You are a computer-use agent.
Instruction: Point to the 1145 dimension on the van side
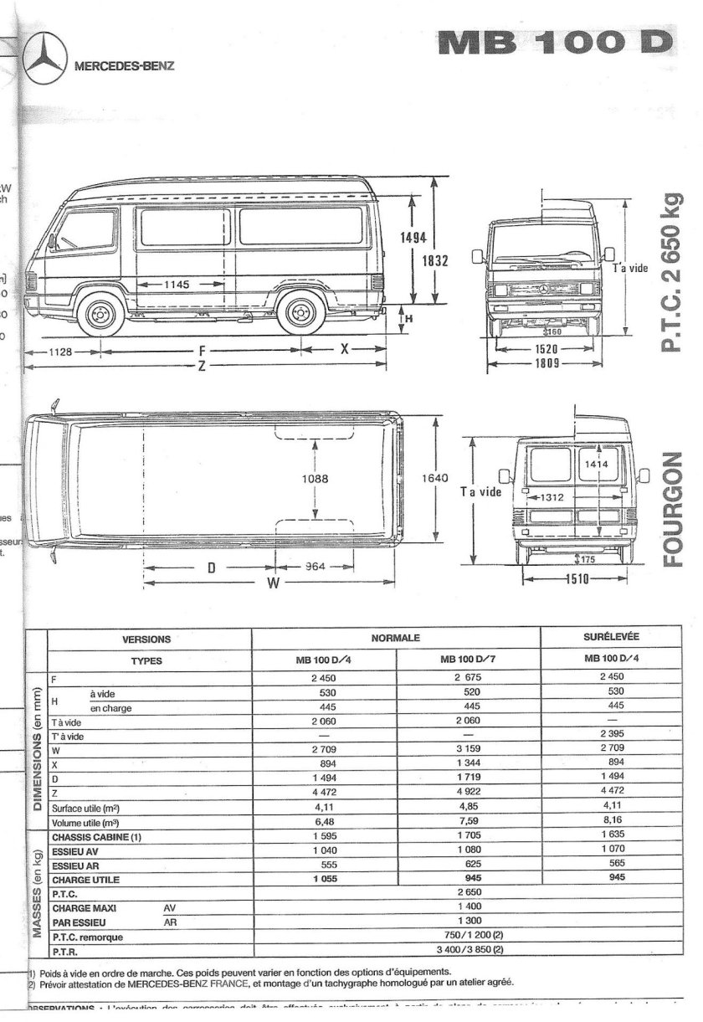(177, 285)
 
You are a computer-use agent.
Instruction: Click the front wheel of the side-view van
(100, 315)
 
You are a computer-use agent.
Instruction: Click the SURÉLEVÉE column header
(617, 638)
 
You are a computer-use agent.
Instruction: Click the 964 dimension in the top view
(314, 567)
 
